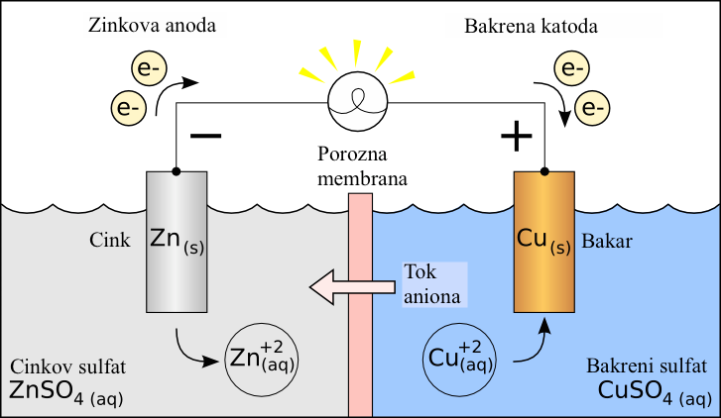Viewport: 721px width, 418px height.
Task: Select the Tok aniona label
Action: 432,283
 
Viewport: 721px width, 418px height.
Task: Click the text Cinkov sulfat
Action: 66,367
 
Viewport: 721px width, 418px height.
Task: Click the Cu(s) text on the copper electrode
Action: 543,240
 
